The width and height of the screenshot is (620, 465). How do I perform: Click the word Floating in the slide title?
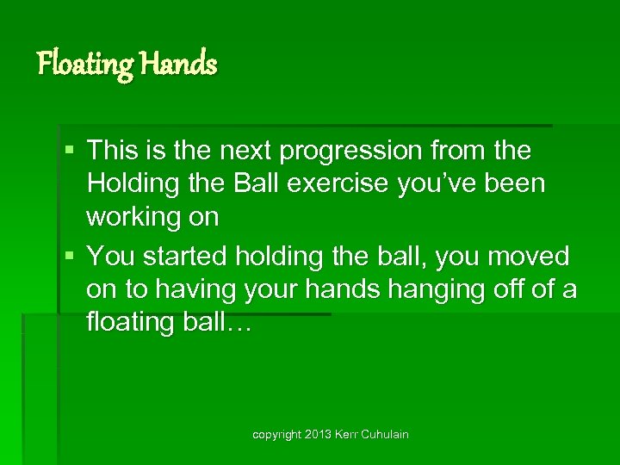tap(84, 64)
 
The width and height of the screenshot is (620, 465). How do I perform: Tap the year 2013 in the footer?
tap(318, 435)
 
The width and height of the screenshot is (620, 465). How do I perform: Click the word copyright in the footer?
tap(276, 435)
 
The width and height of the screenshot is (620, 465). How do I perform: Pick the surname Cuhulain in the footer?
tap(386, 435)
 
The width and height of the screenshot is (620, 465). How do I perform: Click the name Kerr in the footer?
tap(347, 435)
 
